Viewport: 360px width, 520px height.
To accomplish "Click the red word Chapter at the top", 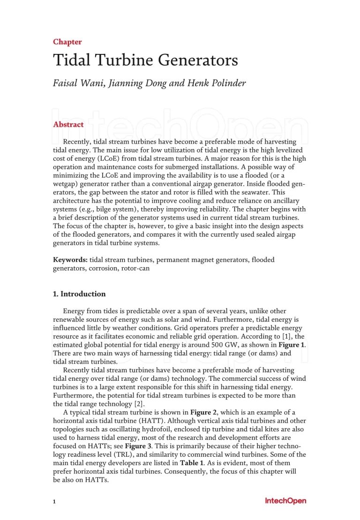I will coord(67,42).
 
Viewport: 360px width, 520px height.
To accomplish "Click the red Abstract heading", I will coord(68,124).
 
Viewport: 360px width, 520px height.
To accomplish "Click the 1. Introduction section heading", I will coord(79,294).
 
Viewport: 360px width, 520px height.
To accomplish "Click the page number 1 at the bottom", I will coord(54,502).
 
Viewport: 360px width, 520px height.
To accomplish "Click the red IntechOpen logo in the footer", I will coord(285,501).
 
